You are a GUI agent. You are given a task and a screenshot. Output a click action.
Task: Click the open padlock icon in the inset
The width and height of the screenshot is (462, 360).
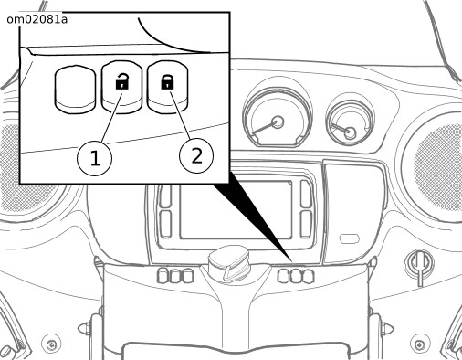point(122,81)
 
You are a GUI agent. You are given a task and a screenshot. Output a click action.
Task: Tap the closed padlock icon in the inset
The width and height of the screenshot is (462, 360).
point(167,82)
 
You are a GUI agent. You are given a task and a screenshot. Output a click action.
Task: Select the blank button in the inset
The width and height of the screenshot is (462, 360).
point(75,90)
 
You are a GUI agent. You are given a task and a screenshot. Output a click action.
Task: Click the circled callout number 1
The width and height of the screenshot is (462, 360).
point(95,158)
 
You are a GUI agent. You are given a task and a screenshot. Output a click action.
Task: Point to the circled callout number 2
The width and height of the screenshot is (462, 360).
point(196,156)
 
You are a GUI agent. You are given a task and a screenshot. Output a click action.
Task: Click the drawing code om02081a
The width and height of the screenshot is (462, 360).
point(37,20)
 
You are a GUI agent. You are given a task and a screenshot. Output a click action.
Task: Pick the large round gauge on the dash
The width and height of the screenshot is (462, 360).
point(277,118)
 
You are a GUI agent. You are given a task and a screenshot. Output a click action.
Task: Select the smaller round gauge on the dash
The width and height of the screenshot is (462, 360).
point(350,122)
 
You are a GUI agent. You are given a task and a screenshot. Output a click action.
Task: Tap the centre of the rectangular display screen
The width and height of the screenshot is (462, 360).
point(236,209)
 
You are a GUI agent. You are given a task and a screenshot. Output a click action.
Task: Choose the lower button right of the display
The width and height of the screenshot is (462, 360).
point(306,224)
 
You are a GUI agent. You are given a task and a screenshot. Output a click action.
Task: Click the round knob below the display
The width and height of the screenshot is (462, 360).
point(229,263)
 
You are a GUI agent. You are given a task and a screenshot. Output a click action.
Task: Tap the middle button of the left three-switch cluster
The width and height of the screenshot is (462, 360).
point(175,276)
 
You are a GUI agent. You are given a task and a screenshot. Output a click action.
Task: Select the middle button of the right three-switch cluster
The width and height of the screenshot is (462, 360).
point(296,276)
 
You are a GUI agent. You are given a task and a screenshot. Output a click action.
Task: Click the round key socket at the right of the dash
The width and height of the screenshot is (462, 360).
point(419,262)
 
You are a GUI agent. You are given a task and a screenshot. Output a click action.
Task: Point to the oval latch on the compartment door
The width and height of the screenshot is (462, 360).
point(350,238)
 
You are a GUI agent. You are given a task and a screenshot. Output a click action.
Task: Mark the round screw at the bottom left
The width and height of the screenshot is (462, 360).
point(51,344)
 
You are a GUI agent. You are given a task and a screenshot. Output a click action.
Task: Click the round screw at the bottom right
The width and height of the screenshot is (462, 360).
point(420,344)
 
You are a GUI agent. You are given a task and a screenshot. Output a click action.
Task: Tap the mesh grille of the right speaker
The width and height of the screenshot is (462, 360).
point(440,167)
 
